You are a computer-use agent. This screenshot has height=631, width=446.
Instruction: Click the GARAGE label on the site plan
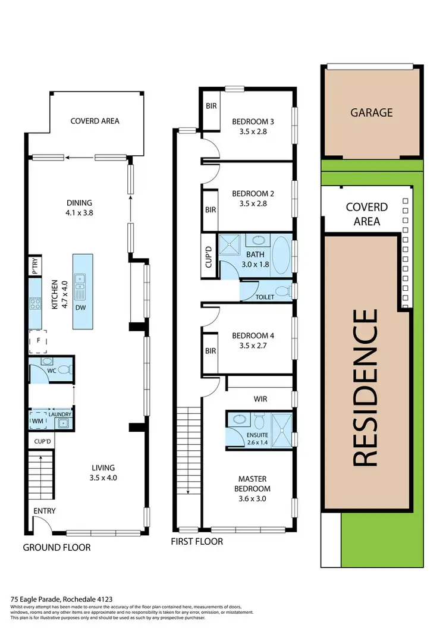[x=371, y=112]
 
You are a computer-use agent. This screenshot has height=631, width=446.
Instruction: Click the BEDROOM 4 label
[x=253, y=335]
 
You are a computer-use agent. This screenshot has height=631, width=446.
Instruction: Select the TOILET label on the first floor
[x=265, y=297]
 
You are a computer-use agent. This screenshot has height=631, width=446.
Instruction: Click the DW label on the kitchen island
[x=79, y=307]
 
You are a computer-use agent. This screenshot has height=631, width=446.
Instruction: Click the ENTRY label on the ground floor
[x=45, y=511]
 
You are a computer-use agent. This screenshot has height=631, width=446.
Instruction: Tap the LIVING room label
[x=103, y=467]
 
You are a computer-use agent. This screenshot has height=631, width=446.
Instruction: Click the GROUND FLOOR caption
[x=56, y=547]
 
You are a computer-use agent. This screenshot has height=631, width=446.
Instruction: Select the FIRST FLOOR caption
[x=197, y=541]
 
